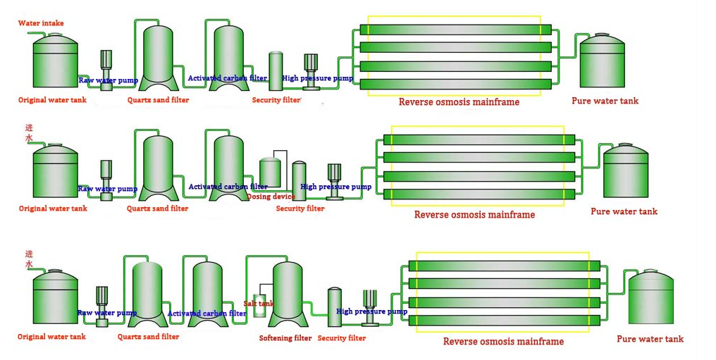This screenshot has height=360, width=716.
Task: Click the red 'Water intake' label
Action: pos(41,23)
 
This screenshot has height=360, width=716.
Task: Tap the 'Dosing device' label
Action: pos(271,197)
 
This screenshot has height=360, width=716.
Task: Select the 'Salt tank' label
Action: pos(259,304)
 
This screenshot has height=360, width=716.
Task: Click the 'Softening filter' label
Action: pos(285,338)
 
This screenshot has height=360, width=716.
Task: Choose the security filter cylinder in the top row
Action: pos(276,70)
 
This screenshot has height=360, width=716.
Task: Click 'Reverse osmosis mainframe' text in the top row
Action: pos(459,102)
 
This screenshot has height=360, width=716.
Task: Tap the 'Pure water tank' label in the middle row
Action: pos(624,211)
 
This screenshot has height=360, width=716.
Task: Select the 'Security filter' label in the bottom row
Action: pos(342,338)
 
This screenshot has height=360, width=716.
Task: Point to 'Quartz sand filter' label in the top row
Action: pos(158,100)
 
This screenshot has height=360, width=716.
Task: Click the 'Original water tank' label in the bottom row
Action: pos(52,337)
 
